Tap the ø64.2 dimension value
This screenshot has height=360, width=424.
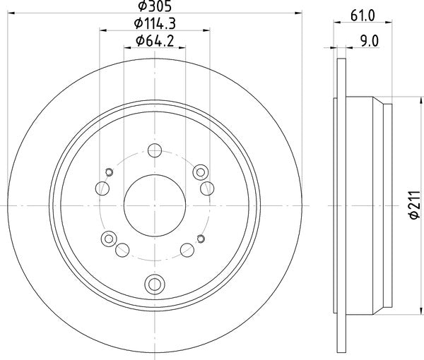click(x=154, y=42)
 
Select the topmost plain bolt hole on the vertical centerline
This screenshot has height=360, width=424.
click(x=154, y=150)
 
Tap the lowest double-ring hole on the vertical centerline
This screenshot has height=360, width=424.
click(x=154, y=284)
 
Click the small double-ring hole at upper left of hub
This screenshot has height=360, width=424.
click(x=108, y=172)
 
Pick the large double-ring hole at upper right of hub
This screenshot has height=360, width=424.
click(x=200, y=171)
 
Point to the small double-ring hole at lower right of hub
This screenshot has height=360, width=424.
click(x=201, y=238)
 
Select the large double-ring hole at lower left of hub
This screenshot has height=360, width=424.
click(x=108, y=239)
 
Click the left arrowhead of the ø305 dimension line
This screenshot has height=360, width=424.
click(x=8, y=14)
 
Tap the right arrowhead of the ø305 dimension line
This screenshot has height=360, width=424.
click(x=300, y=14)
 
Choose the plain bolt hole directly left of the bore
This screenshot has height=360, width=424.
click(x=102, y=188)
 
